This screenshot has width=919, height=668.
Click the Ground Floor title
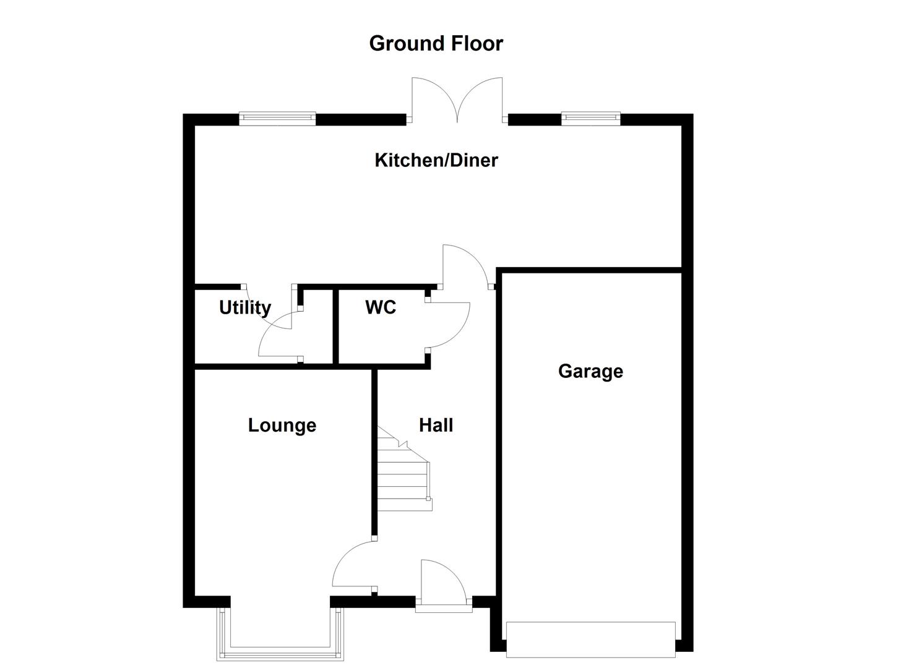pos(436,43)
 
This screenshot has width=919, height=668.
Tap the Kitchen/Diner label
pos(436,160)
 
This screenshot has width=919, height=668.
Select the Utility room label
pos(245,307)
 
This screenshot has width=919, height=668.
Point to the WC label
pos(380,307)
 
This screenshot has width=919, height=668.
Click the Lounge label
pos(282,425)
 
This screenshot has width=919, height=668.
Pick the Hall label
pos(436,425)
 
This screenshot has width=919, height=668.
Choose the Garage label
pos(590,371)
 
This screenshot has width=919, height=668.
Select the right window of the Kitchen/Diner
pos(590,118)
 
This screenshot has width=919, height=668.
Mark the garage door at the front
pos(590,639)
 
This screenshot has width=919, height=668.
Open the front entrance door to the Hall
pos(441,584)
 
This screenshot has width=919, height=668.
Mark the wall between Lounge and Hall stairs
pos(374,452)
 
